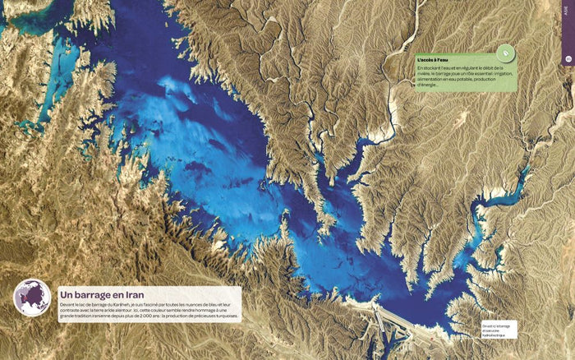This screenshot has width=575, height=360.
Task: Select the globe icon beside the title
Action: tap(32, 298)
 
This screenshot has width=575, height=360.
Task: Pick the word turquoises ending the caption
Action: tap(223, 316)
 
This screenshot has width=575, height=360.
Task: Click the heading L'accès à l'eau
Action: tap(433, 61)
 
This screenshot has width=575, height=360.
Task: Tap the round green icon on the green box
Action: tap(507, 53)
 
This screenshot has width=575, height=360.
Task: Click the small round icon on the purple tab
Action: tap(568, 59)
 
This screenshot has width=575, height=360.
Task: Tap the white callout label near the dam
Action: tap(499, 329)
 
